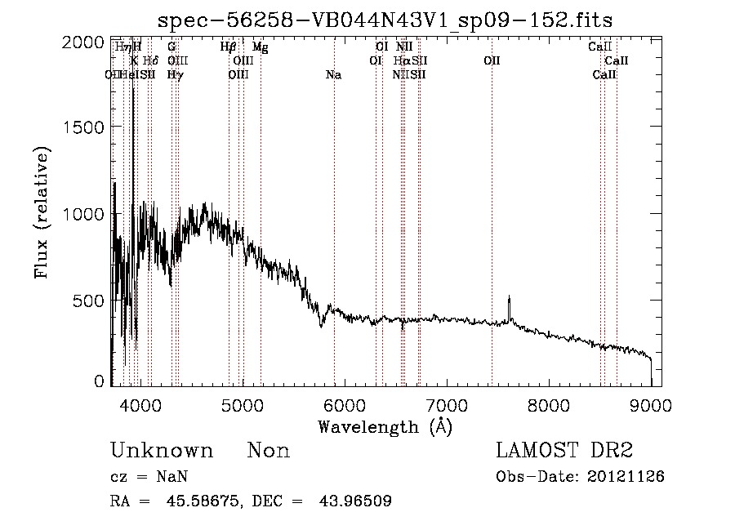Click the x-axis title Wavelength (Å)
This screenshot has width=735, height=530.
pos(385,425)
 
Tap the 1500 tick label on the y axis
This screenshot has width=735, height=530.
pos(84,127)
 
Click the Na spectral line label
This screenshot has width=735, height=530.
pos(333,75)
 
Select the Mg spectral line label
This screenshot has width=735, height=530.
pos(260,47)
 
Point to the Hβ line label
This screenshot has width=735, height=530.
pos(229,47)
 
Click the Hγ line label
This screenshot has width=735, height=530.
pos(175,75)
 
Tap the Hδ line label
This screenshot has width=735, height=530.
pos(150,60)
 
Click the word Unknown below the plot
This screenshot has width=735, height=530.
pos(162,451)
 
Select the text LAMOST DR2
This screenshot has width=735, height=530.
pos(564,451)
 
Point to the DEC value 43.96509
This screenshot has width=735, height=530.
pos(358,501)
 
